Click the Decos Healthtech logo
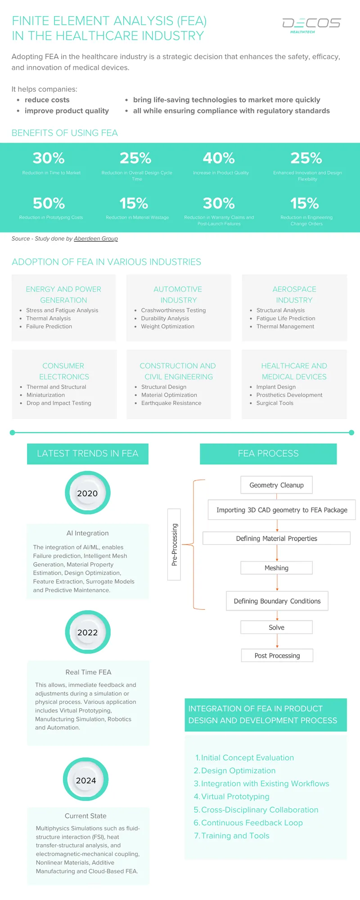point(311,25)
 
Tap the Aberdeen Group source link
point(96,238)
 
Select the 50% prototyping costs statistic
point(49,203)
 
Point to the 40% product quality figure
point(219,158)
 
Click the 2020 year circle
point(87,493)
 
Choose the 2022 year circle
point(88,632)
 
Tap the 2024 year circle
point(86,780)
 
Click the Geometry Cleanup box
point(276,485)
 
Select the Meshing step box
point(276,568)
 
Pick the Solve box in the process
point(276,627)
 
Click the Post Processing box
point(277,656)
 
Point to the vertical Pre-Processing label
point(174,544)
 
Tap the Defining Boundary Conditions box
point(277,601)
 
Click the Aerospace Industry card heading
point(294,295)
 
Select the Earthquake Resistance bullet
point(171,403)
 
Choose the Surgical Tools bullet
point(274,403)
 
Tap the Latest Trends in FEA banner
point(88,454)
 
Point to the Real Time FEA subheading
point(88,672)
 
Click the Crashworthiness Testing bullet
point(173,310)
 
